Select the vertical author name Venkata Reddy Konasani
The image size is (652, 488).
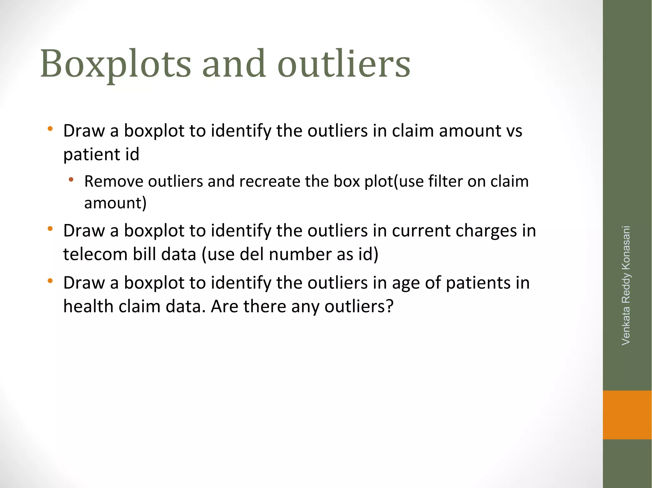[x=626, y=285]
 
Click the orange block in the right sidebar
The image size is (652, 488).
[x=627, y=415]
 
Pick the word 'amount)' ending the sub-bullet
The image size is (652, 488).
[x=115, y=203]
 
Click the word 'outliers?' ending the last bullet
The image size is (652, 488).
[x=359, y=306]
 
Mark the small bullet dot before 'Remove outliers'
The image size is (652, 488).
[x=71, y=180]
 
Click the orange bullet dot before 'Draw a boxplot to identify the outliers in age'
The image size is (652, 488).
[x=50, y=281]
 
